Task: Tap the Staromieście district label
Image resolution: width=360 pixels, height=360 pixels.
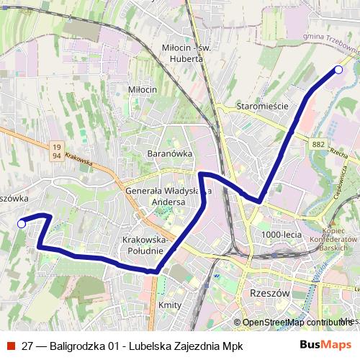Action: (x=262, y=106)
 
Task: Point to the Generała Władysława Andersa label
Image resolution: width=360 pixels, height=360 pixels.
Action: (x=168, y=197)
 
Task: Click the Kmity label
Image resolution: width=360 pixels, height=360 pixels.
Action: (x=169, y=305)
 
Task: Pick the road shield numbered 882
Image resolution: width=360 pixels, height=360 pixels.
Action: (x=319, y=144)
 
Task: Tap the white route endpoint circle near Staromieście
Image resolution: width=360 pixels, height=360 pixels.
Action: (x=338, y=70)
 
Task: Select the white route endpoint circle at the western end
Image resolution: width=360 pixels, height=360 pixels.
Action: (x=22, y=224)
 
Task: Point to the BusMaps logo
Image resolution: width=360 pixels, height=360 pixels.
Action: (x=325, y=346)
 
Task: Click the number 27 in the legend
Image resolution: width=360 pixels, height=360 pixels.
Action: (x=27, y=346)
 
